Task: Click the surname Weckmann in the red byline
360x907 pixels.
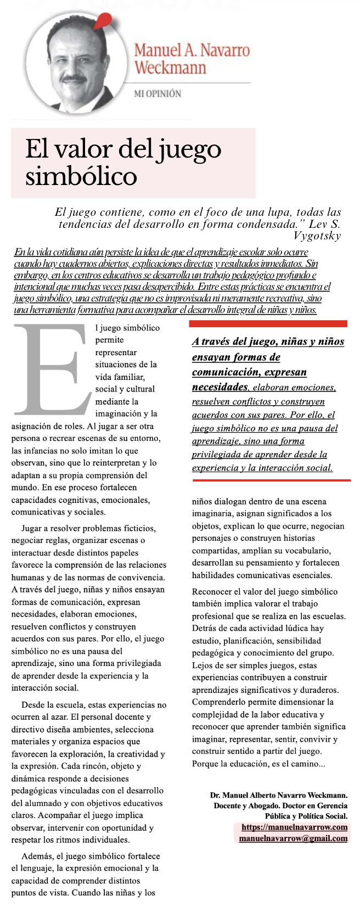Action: click(x=170, y=68)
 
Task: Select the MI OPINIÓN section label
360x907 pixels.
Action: click(x=157, y=94)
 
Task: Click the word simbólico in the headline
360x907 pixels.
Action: click(x=81, y=176)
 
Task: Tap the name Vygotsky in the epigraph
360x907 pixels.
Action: click(x=317, y=236)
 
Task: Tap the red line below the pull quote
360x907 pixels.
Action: click(x=269, y=480)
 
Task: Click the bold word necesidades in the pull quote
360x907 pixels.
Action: click(x=220, y=387)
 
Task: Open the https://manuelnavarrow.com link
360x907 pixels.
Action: click(x=294, y=827)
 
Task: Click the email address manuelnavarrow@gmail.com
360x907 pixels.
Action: click(x=293, y=838)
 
